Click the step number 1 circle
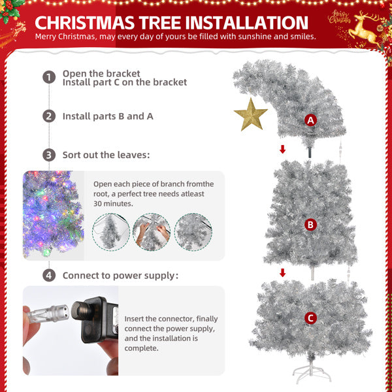click(49, 77)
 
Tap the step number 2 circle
click(49, 116)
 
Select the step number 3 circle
click(49, 155)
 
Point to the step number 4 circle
click(49, 275)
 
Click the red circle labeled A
click(310, 120)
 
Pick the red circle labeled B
click(310, 225)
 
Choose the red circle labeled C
click(310, 318)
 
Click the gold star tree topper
click(251, 115)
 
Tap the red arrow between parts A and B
click(282, 150)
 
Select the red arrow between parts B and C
click(282, 272)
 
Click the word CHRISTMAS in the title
click(94, 23)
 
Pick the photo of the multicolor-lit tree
click(54, 216)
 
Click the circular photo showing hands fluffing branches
click(152, 232)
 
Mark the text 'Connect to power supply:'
click(120, 276)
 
